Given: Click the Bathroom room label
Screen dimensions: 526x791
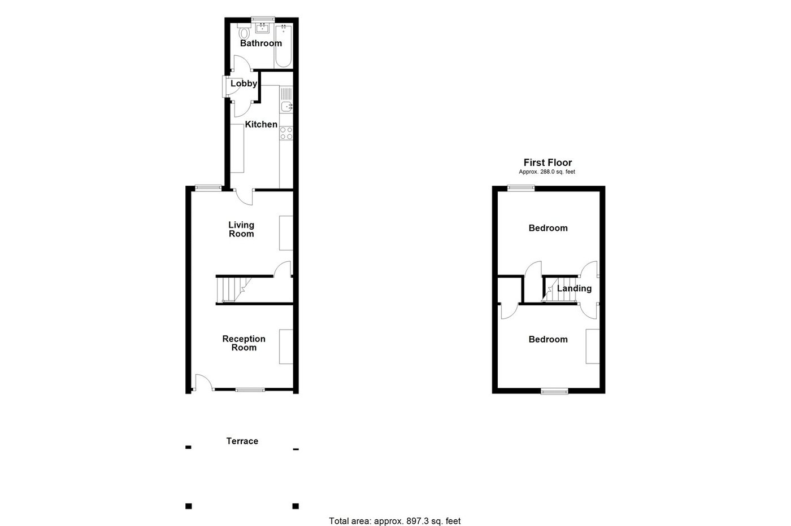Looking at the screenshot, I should [260, 43].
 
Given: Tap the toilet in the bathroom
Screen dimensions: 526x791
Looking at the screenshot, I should [244, 32].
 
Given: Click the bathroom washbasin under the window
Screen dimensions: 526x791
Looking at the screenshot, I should [263, 28].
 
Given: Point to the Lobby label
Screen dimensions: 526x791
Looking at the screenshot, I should [244, 84].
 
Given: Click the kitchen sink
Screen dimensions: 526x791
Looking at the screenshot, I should [286, 106].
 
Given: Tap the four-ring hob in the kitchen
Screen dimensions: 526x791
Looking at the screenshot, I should [286, 133].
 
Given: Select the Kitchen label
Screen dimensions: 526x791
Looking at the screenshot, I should [260, 125].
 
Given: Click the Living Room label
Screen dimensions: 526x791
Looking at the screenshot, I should [241, 229].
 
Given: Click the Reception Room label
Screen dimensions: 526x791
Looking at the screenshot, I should [244, 343].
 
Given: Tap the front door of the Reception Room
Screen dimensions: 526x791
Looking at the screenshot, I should [202, 383].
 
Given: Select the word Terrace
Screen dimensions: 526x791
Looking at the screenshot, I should [242, 441].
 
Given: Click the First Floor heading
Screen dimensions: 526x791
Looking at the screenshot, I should [547, 163].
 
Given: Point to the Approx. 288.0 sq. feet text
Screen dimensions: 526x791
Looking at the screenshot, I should [547, 172].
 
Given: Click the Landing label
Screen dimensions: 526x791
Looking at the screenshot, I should [574, 288].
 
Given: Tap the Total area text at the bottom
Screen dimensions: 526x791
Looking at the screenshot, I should [394, 521].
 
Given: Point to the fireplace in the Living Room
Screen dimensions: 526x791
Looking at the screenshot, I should [286, 233].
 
